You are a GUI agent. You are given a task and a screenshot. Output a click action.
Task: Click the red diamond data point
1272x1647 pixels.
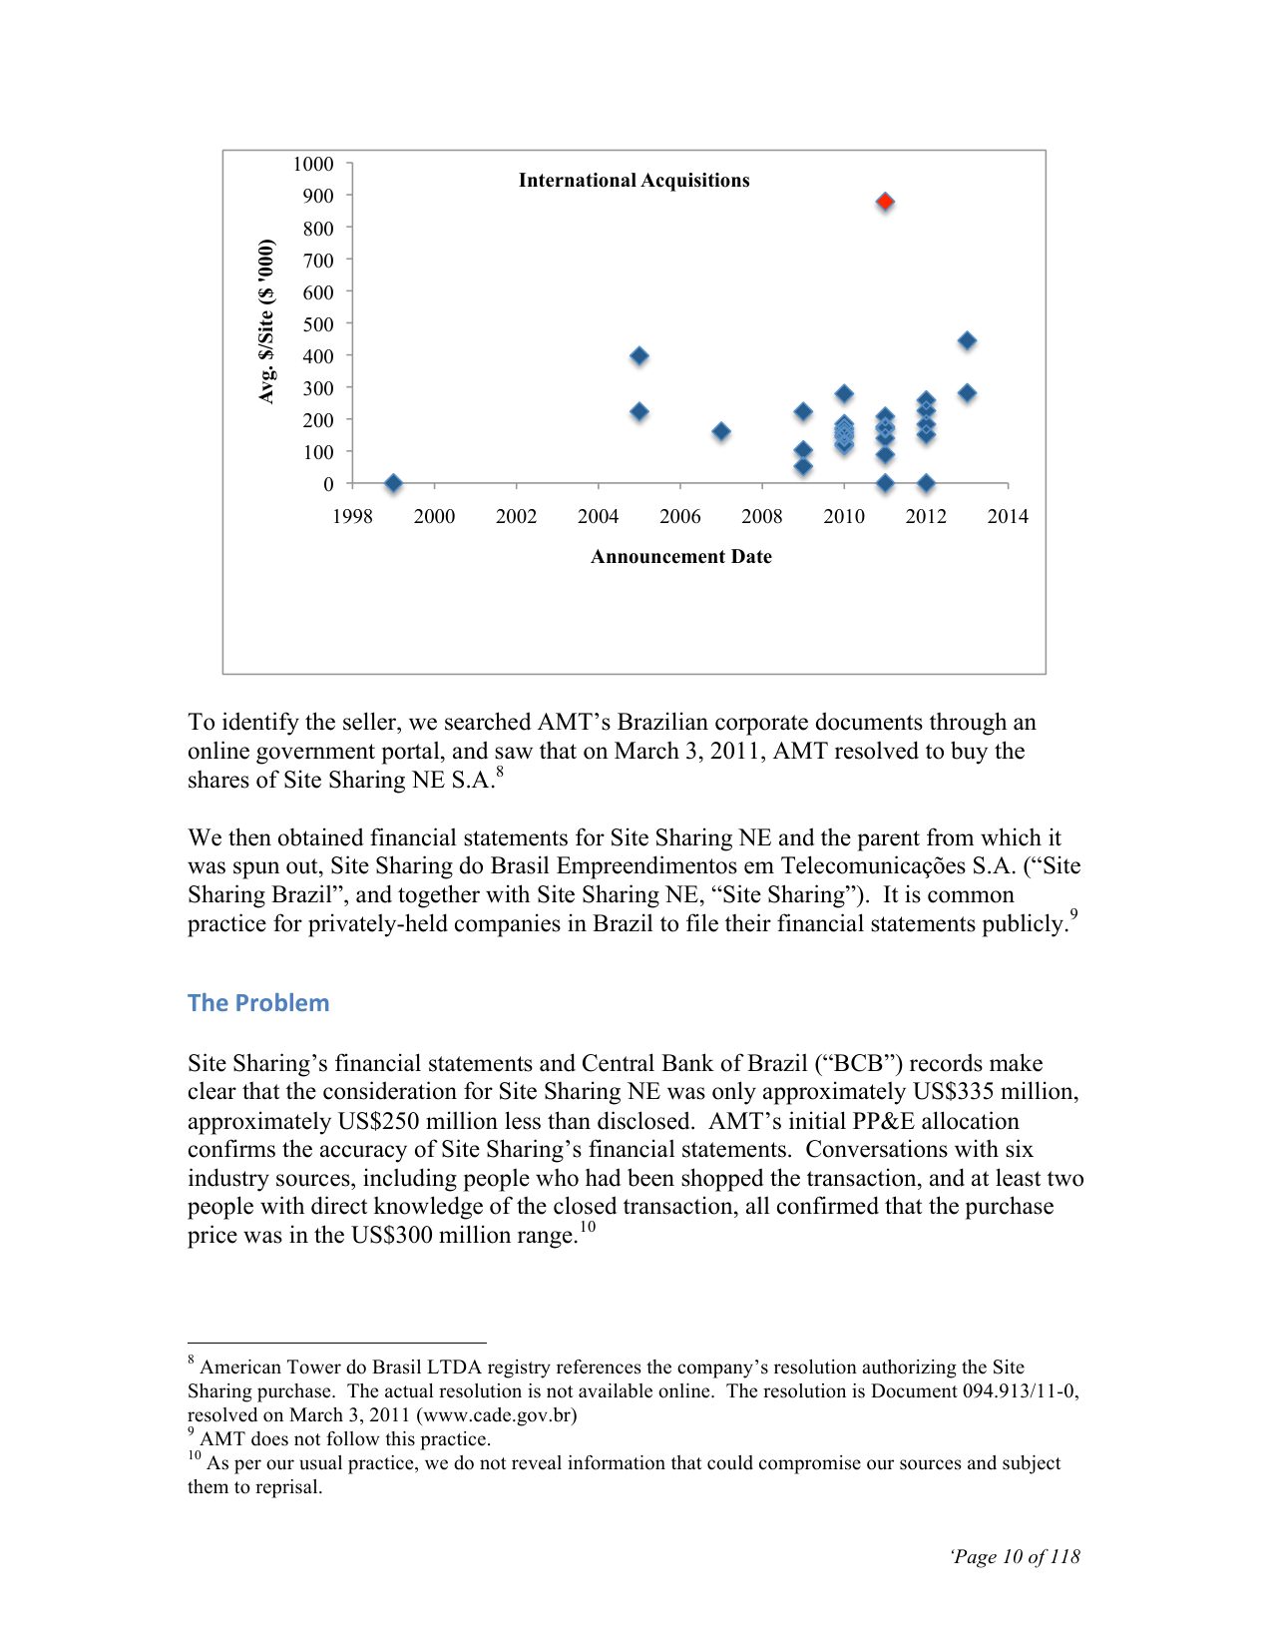(x=885, y=202)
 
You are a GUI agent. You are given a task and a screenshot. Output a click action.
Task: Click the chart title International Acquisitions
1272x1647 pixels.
(x=634, y=181)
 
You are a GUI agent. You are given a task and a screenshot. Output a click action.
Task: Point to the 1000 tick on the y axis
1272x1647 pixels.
(x=313, y=164)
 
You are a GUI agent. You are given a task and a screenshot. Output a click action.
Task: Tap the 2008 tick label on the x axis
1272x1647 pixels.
(x=762, y=516)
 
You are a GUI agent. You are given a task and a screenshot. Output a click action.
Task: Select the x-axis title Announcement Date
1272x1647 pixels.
(x=680, y=557)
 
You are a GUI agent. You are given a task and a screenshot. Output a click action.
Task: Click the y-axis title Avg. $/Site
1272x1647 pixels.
(x=266, y=321)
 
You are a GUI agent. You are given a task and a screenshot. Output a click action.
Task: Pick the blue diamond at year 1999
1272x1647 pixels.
(x=393, y=483)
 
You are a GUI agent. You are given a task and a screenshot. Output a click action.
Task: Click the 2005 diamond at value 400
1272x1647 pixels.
(x=639, y=355)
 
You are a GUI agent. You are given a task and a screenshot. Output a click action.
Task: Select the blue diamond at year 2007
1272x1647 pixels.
(x=721, y=431)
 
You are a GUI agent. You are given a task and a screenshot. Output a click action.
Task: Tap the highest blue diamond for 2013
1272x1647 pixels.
(x=967, y=341)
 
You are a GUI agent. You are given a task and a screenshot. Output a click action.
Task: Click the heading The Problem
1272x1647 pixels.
(x=258, y=1003)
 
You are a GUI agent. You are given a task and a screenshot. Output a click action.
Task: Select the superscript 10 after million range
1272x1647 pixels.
(x=588, y=1227)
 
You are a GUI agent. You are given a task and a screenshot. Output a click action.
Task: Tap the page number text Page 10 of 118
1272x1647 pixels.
(x=1017, y=1556)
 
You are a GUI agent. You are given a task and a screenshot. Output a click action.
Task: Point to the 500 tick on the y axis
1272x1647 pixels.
(x=318, y=324)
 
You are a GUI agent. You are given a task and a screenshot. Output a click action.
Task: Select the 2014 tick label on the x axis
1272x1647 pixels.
(x=1008, y=516)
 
